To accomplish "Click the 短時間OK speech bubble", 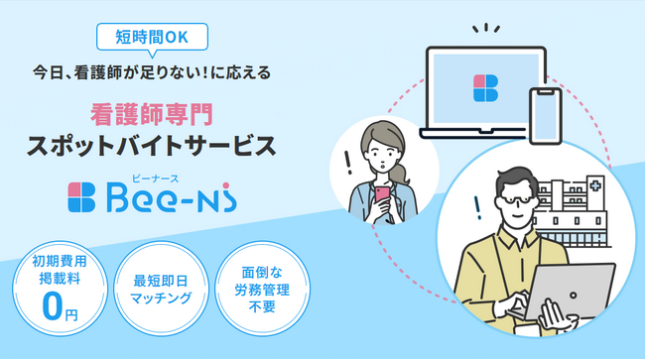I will [x=154, y=39].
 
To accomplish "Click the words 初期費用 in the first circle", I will [x=55, y=265].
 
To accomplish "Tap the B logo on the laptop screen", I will [x=485, y=87].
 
